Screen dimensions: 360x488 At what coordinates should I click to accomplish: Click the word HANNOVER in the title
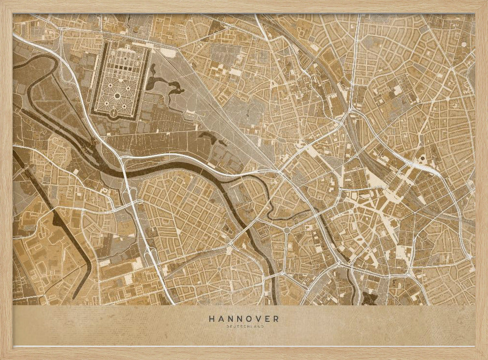(x=244, y=318)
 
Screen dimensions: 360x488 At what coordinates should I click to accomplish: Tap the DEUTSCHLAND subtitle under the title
(x=244, y=326)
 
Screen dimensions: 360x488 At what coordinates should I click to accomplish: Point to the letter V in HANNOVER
(x=258, y=318)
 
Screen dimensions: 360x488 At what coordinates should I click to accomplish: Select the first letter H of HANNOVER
(x=212, y=318)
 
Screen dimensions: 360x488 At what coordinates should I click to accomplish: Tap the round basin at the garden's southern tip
(x=113, y=113)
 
